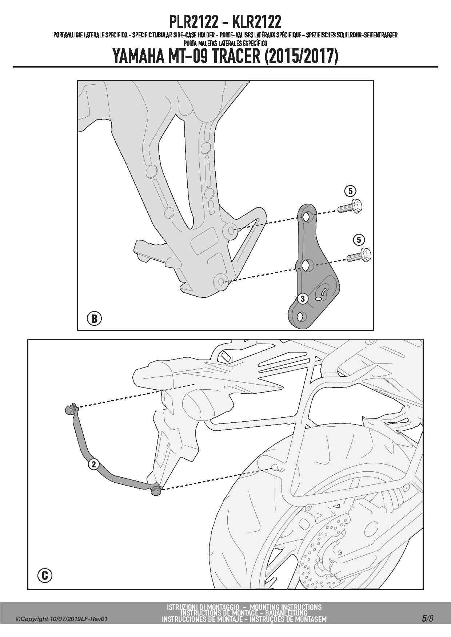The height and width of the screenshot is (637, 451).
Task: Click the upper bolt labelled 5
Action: point(350,207)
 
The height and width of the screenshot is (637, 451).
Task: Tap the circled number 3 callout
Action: point(303,299)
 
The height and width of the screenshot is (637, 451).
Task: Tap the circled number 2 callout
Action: point(93,464)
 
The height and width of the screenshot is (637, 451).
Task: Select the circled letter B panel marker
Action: point(94,318)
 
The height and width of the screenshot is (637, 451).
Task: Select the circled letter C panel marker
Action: point(45,575)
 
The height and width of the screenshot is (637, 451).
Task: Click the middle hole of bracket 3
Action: point(305,265)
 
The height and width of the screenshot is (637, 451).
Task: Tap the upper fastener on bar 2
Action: point(70,409)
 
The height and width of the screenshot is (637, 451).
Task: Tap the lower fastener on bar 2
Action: point(156,489)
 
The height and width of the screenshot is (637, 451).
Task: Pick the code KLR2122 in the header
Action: point(257,23)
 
